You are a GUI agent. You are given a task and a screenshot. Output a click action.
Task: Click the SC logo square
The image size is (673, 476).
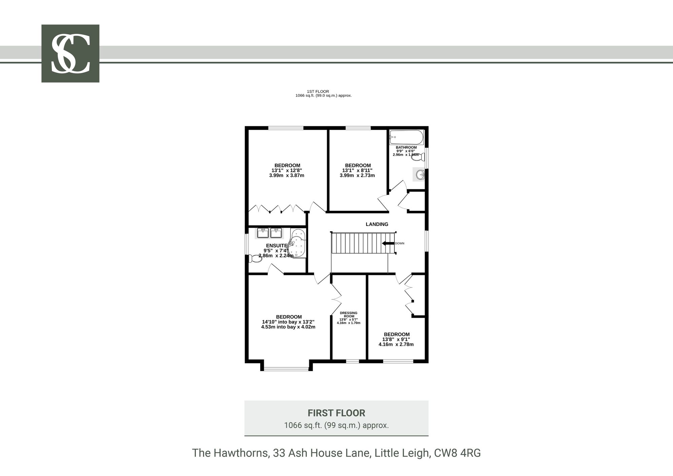click(70, 54)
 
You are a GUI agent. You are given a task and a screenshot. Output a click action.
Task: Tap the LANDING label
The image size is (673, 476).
click(377, 224)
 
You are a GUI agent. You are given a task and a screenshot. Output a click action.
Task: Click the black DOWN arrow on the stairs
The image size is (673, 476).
click(388, 243)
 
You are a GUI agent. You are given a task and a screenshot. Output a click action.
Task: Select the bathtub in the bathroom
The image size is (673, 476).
click(406, 137)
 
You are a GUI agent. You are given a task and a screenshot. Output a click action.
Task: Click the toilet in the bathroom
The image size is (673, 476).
click(419, 157)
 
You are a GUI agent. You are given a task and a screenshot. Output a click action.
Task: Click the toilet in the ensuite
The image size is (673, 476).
click(255, 259)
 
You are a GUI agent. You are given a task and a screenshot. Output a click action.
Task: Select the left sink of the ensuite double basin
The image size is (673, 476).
click(262, 233)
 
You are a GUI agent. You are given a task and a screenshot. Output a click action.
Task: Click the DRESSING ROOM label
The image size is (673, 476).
click(349, 315)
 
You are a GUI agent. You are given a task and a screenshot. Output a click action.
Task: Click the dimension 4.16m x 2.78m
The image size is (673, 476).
click(396, 344)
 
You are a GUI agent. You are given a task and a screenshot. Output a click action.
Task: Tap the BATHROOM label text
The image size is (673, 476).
click(406, 147)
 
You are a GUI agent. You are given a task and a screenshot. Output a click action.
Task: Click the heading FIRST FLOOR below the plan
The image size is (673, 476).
click(336, 413)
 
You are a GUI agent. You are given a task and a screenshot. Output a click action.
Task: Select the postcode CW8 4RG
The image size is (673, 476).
click(458, 453)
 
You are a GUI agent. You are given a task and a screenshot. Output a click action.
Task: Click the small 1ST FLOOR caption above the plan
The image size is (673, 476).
click(318, 92)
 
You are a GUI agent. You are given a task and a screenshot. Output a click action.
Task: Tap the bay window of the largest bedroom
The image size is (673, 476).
click(286, 369)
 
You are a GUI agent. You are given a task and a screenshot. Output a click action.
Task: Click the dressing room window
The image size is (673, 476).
click(353, 361)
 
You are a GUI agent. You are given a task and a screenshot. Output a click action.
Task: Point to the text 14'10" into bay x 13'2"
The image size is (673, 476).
click(288, 322)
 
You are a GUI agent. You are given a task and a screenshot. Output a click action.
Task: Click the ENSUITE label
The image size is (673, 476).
click(277, 246)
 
